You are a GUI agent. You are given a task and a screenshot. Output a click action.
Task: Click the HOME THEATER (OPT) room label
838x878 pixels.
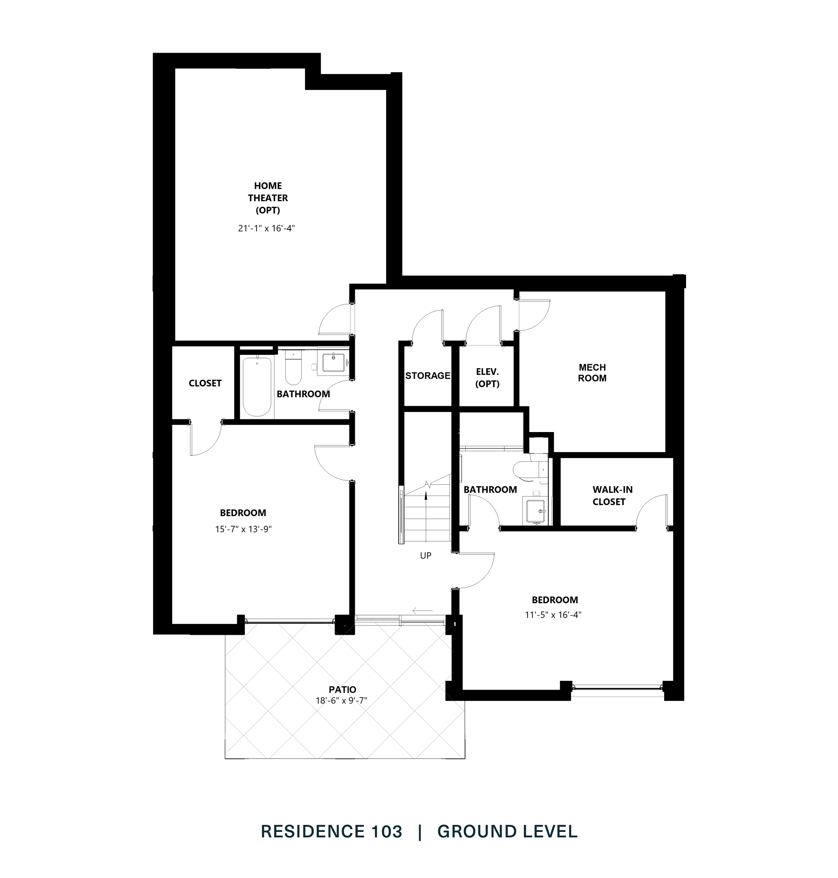point(268,198)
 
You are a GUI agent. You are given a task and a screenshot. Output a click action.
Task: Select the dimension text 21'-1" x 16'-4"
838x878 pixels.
point(266,229)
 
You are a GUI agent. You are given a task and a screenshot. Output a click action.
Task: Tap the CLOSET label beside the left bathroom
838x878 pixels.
point(205,383)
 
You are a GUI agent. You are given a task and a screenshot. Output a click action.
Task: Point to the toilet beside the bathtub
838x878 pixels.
point(294,369)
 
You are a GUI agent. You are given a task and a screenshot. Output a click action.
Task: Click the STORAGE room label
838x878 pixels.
point(428,376)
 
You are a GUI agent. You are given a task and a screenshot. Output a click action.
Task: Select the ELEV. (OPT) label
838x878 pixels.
point(487,378)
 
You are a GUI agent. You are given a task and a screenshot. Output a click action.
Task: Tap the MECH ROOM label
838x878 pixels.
point(592,373)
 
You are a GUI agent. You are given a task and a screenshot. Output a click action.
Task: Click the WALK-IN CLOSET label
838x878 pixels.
point(612,495)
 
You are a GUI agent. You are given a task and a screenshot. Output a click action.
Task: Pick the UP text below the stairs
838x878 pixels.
point(425,556)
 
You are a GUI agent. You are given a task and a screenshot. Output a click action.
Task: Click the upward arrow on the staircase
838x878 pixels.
point(426,495)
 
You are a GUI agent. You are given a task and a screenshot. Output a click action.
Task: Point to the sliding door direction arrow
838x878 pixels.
point(422,611)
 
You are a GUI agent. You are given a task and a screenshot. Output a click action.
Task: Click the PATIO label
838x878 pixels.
point(342,690)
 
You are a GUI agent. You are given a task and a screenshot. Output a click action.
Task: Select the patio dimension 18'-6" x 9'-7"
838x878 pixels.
point(341,701)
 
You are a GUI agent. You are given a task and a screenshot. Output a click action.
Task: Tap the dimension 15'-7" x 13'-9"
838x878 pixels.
point(243,529)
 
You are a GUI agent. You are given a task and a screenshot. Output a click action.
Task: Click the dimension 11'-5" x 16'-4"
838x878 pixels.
point(553,615)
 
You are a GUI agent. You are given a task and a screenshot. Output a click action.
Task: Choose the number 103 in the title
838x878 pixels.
point(386,832)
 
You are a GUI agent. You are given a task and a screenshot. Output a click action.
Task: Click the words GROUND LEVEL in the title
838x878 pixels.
point(507,832)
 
